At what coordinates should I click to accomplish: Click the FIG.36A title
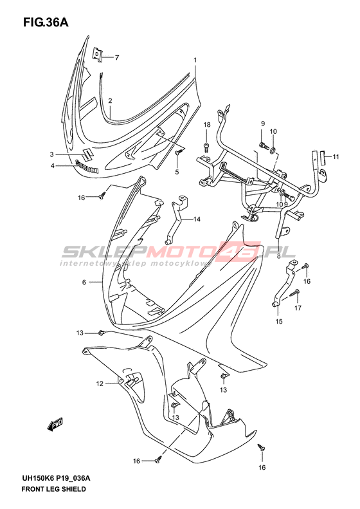click(46, 23)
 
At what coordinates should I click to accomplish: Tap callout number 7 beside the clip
click(117, 58)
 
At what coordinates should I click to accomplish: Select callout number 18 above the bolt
click(207, 125)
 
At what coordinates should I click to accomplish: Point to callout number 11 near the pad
click(336, 157)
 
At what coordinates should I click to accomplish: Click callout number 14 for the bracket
click(197, 219)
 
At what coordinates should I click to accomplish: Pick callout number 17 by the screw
click(298, 308)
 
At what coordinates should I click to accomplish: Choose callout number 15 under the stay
click(279, 321)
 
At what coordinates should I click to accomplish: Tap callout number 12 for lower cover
click(100, 384)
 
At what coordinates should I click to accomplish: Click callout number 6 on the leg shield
click(84, 282)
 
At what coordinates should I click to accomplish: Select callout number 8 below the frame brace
click(278, 256)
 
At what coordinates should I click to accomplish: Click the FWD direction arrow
click(55, 424)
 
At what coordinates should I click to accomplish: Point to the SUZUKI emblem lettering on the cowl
click(87, 166)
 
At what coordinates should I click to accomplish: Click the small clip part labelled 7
click(98, 54)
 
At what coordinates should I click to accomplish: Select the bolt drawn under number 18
click(207, 147)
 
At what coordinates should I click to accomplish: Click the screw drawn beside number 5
click(179, 151)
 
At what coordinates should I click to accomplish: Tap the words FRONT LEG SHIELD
click(53, 489)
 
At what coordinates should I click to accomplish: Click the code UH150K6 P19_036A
click(56, 478)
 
